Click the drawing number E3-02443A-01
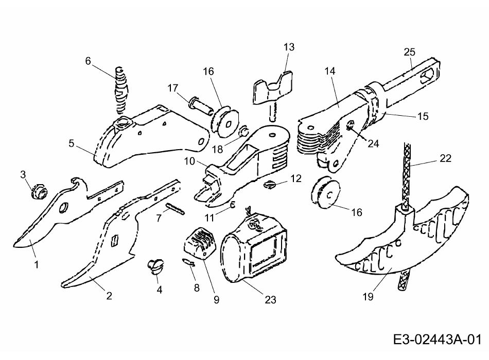437,339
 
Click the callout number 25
410,52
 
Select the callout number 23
270,299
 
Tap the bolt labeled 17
201,106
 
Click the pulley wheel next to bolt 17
225,122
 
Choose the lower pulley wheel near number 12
326,193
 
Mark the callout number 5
72,143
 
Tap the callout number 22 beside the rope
445,158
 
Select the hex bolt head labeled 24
351,125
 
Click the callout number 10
189,161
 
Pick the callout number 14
329,71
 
